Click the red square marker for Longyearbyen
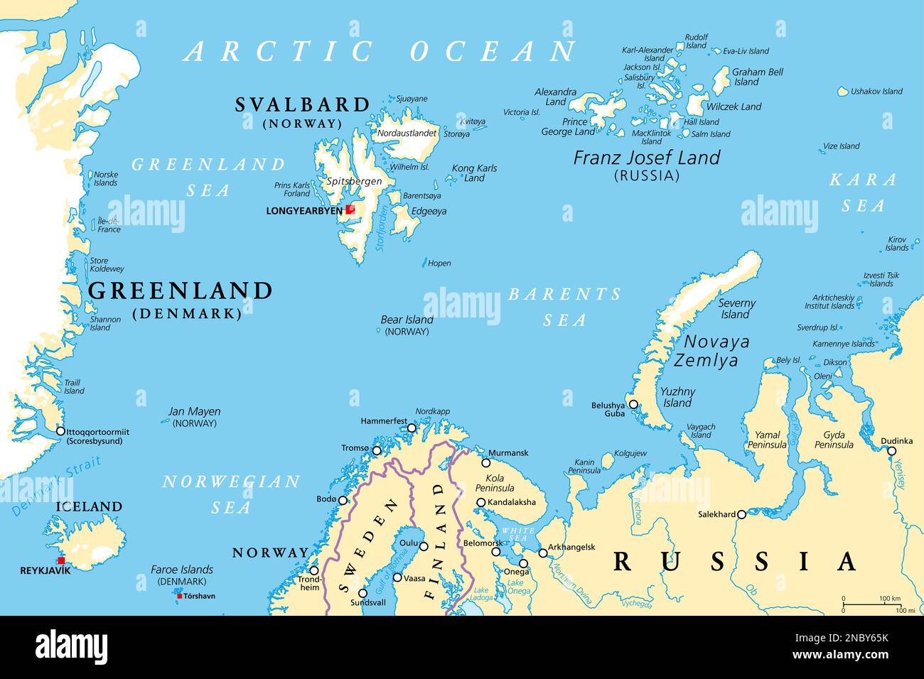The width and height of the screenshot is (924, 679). pyautogui.click(x=350, y=210)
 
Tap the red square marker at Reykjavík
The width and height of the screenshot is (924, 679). pyautogui.click(x=61, y=560)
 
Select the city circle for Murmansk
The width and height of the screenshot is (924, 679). pyautogui.click(x=486, y=462)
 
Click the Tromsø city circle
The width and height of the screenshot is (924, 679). pyautogui.click(x=377, y=450)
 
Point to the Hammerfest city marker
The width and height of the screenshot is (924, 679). pyautogui.click(x=412, y=428)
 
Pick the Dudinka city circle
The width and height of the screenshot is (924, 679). pyautogui.click(x=891, y=450)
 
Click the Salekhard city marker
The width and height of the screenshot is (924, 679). pyautogui.click(x=741, y=514)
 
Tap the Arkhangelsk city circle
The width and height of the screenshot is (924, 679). pyautogui.click(x=543, y=553)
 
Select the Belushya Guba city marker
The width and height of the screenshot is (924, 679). pyautogui.click(x=633, y=405)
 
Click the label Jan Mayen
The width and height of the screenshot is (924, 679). pyautogui.click(x=194, y=411)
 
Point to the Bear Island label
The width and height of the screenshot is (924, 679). pyautogui.click(x=407, y=320)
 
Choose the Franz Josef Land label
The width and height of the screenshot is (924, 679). pyautogui.click(x=647, y=158)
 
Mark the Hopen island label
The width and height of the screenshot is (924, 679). pyautogui.click(x=439, y=263)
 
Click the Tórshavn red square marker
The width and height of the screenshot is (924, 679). pyautogui.click(x=179, y=596)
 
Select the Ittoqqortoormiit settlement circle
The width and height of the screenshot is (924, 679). pyautogui.click(x=60, y=431)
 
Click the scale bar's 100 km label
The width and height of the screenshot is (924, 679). pyautogui.click(x=889, y=599)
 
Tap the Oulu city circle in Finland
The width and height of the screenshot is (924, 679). pyautogui.click(x=424, y=546)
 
